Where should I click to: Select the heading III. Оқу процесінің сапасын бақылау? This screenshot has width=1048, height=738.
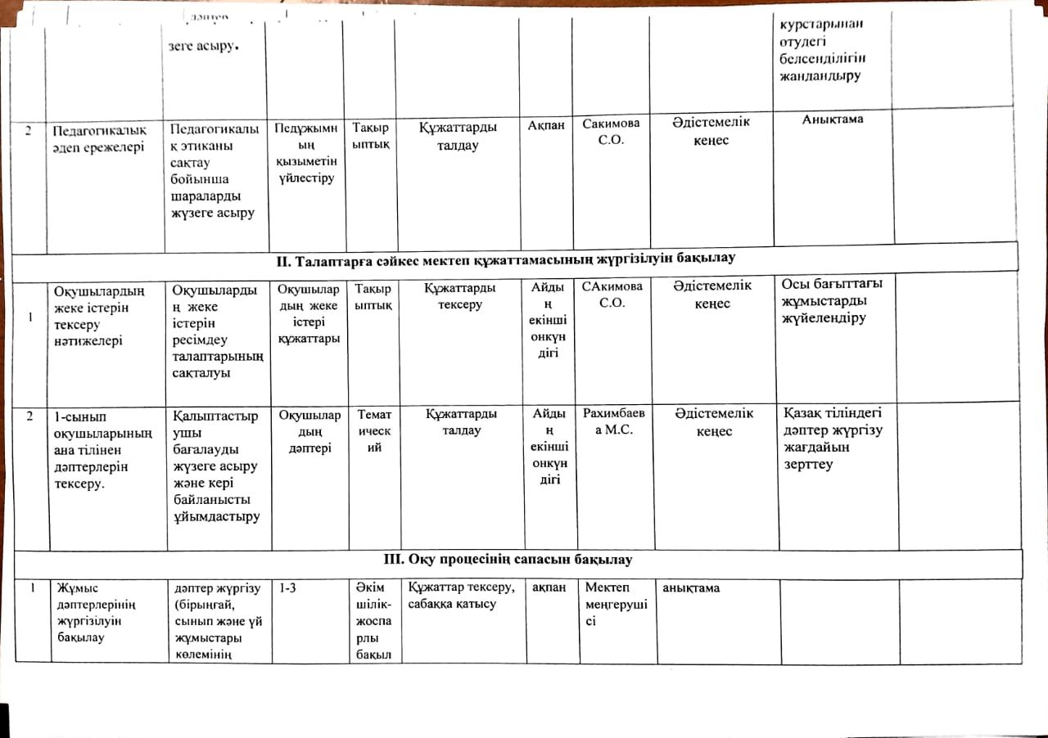coord(508,560)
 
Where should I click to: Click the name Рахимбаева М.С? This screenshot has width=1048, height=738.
coord(618,421)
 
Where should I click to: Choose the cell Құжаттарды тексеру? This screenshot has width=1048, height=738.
coord(460,295)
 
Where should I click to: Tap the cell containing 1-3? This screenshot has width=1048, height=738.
coord(288,587)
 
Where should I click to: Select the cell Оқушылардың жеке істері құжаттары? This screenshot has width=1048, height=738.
coord(308,313)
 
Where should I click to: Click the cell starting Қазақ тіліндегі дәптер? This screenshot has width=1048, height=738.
coord(833,438)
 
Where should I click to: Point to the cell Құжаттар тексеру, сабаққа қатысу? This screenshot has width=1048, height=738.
coord(461,596)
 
